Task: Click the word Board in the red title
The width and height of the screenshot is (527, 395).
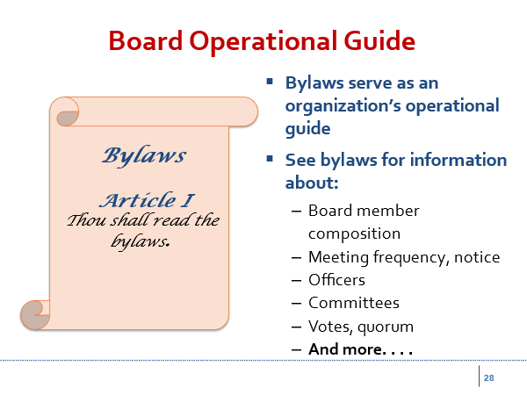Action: [x=146, y=40]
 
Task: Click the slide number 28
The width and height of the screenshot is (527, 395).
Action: [x=488, y=377]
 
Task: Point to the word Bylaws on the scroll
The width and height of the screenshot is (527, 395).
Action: [x=144, y=156]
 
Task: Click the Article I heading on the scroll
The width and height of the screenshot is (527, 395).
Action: [x=147, y=200]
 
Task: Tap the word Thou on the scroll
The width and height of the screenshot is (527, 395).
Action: [x=86, y=220]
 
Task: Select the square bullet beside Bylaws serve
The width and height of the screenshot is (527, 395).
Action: [x=270, y=82]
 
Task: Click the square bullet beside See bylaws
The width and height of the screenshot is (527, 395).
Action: [x=270, y=159]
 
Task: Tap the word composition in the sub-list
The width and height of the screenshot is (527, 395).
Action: [x=354, y=234]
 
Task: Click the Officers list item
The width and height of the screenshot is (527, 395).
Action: [x=336, y=280]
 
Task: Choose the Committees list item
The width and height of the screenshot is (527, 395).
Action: [x=354, y=303]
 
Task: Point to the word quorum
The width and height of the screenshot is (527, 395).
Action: [x=386, y=327]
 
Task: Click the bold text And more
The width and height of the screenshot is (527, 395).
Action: [x=360, y=349]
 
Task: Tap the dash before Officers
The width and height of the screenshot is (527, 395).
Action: [x=297, y=281]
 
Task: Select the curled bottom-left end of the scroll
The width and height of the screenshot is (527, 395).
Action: [x=34, y=315]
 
